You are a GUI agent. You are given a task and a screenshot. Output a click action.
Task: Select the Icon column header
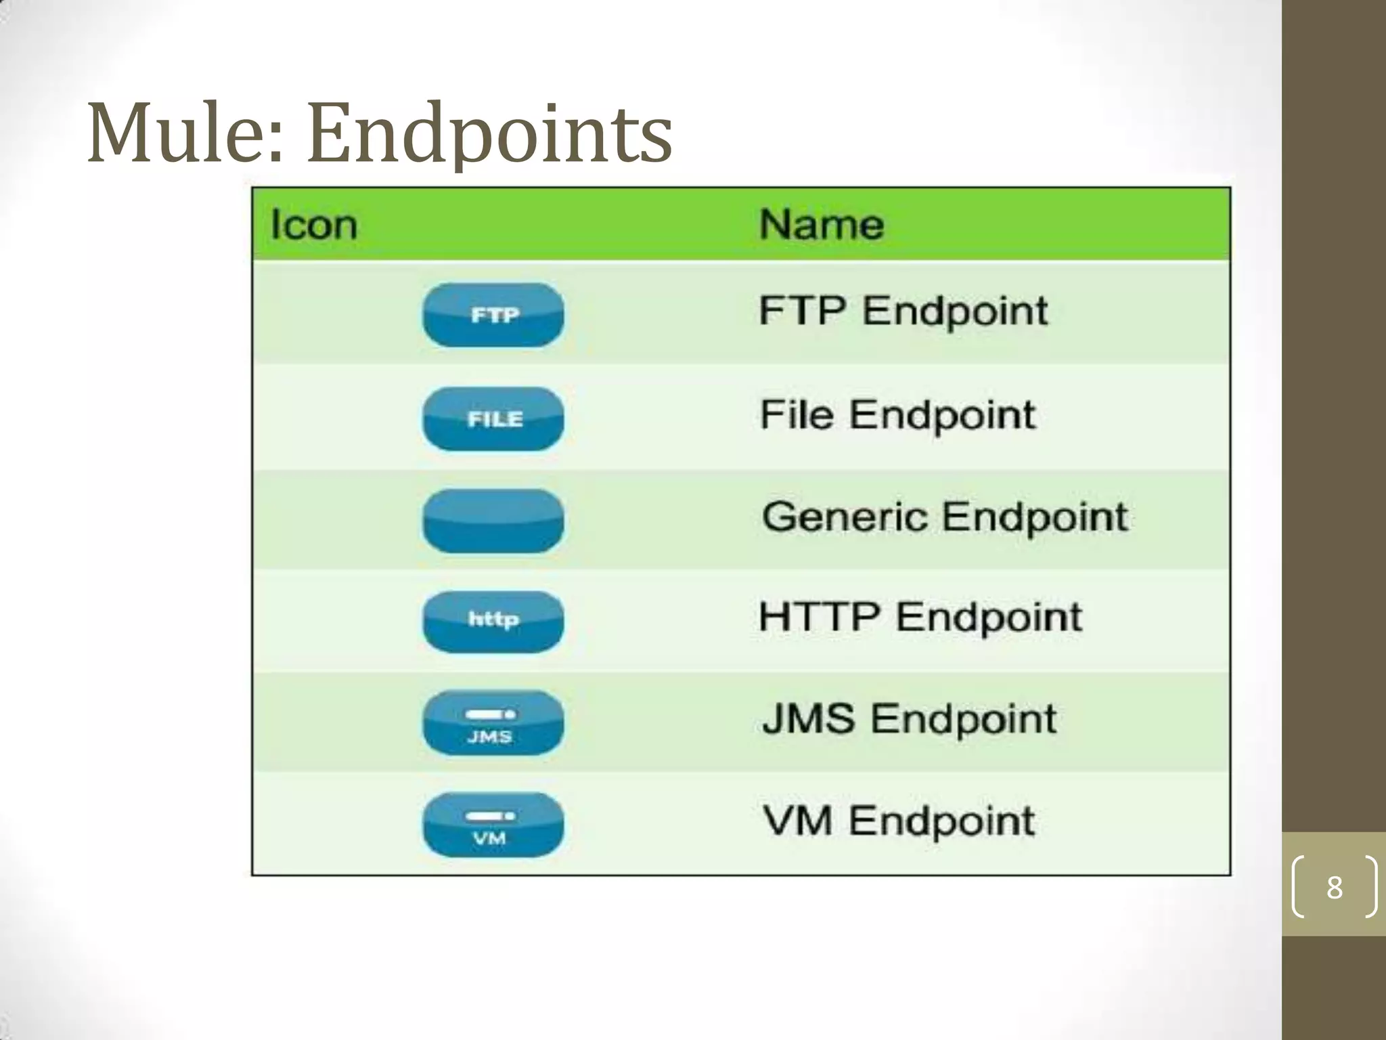point(313,224)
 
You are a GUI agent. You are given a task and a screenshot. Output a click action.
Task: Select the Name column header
point(821,224)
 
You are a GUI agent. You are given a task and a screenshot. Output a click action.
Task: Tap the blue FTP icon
point(493,315)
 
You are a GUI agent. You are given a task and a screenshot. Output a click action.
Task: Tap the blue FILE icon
point(493,419)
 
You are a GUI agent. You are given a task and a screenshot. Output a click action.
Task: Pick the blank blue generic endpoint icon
point(493,521)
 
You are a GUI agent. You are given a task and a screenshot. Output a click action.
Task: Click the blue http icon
point(493,622)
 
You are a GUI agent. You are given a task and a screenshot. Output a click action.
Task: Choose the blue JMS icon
point(493,723)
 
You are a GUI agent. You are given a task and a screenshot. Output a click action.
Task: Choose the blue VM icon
point(493,825)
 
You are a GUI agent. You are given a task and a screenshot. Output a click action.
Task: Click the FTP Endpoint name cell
point(903,311)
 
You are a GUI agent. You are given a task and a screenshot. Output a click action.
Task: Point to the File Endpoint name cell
point(897,414)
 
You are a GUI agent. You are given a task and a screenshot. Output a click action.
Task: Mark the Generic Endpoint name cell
point(945,517)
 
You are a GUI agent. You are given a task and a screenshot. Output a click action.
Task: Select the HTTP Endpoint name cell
point(920,617)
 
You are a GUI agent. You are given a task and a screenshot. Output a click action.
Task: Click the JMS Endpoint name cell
point(909,719)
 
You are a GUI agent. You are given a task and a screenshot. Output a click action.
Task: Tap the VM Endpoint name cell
point(898,821)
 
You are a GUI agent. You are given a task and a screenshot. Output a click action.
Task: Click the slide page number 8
point(1334,887)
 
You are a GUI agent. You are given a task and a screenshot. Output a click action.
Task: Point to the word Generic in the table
point(844,517)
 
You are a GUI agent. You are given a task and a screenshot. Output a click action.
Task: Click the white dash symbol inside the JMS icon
point(490,714)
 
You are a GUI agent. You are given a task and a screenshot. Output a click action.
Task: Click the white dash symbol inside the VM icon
point(490,816)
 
